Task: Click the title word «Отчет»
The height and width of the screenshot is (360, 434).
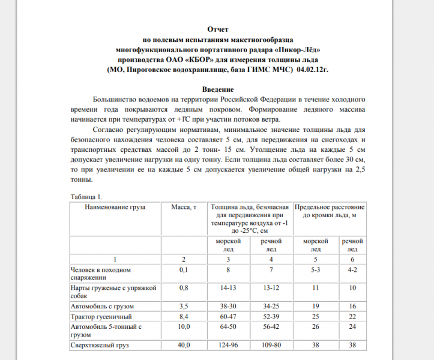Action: coord(217,29)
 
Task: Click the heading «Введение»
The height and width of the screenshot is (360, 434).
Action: coord(217,89)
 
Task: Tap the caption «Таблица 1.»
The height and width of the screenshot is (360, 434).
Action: coord(86,196)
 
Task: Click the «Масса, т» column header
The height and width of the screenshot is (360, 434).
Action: coord(184,207)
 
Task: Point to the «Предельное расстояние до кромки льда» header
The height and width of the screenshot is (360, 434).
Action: coord(330,211)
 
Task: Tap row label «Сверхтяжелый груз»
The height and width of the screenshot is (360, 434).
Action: coord(100,346)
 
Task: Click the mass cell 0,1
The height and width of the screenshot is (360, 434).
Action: coord(184,271)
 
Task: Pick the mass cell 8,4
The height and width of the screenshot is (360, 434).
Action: coord(184,316)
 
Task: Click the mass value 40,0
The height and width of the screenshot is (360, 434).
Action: coord(184,346)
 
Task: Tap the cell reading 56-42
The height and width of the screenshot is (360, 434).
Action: coord(271,326)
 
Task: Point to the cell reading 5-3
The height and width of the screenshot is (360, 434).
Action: coord(316,271)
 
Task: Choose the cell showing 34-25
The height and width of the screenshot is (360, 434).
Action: coord(271,305)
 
